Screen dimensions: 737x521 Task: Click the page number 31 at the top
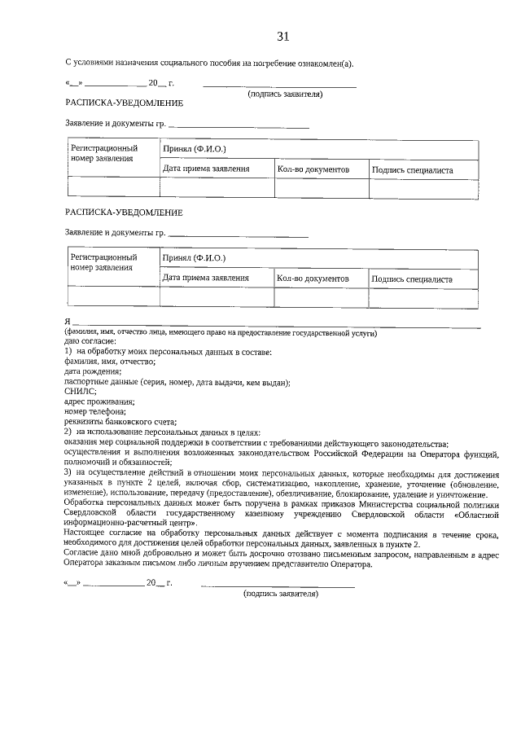pos(283,36)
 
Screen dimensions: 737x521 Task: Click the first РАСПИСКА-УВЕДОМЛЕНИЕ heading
pos(124,103)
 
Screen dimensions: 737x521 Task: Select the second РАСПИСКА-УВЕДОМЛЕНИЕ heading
pos(124,213)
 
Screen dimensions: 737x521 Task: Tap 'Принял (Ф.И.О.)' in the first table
pos(194,149)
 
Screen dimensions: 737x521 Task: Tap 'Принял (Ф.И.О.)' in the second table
pos(194,258)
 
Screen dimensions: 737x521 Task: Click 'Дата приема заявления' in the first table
pos(206,169)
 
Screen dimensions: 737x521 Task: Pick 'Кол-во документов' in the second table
pos(313,279)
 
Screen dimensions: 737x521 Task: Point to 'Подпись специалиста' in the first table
pos(412,170)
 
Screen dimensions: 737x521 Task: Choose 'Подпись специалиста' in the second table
pos(412,279)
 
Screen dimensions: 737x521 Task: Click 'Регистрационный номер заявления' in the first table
pos(104,154)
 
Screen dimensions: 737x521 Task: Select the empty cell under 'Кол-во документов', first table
pos(321,188)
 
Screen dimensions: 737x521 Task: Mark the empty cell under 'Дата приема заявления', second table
pos(216,297)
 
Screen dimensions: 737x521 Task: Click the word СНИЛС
pos(81,392)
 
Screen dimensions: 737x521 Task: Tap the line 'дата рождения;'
pos(91,372)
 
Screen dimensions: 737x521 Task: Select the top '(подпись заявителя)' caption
pos(285,94)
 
